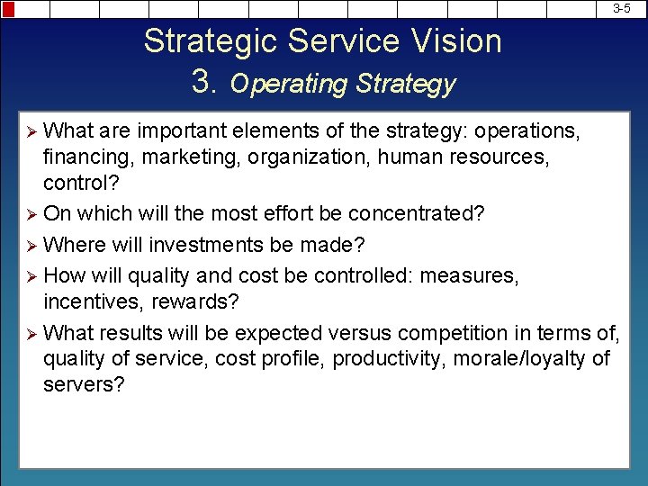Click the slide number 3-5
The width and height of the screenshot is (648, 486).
[622, 8]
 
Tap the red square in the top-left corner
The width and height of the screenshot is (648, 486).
[8, 8]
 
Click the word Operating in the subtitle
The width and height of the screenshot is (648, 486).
[289, 85]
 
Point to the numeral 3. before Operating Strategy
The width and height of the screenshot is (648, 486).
[206, 82]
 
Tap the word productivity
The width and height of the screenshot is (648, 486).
[392, 359]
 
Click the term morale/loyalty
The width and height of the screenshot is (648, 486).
[521, 359]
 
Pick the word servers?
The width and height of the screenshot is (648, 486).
[84, 384]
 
